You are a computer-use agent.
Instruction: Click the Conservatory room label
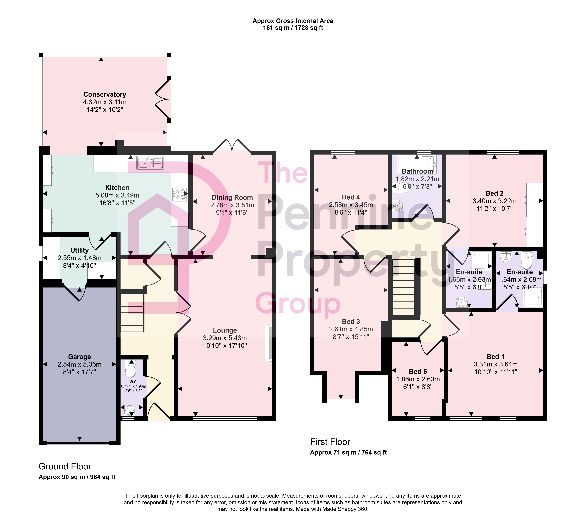[105, 94]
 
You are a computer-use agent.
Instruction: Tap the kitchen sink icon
[150, 163]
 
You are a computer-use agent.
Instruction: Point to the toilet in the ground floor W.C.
[130, 368]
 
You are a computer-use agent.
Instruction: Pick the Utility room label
[79, 250]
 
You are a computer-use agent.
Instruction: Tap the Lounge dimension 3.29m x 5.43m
[225, 338]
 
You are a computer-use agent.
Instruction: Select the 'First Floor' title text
[330, 442]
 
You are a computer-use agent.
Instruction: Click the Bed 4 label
[351, 197]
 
